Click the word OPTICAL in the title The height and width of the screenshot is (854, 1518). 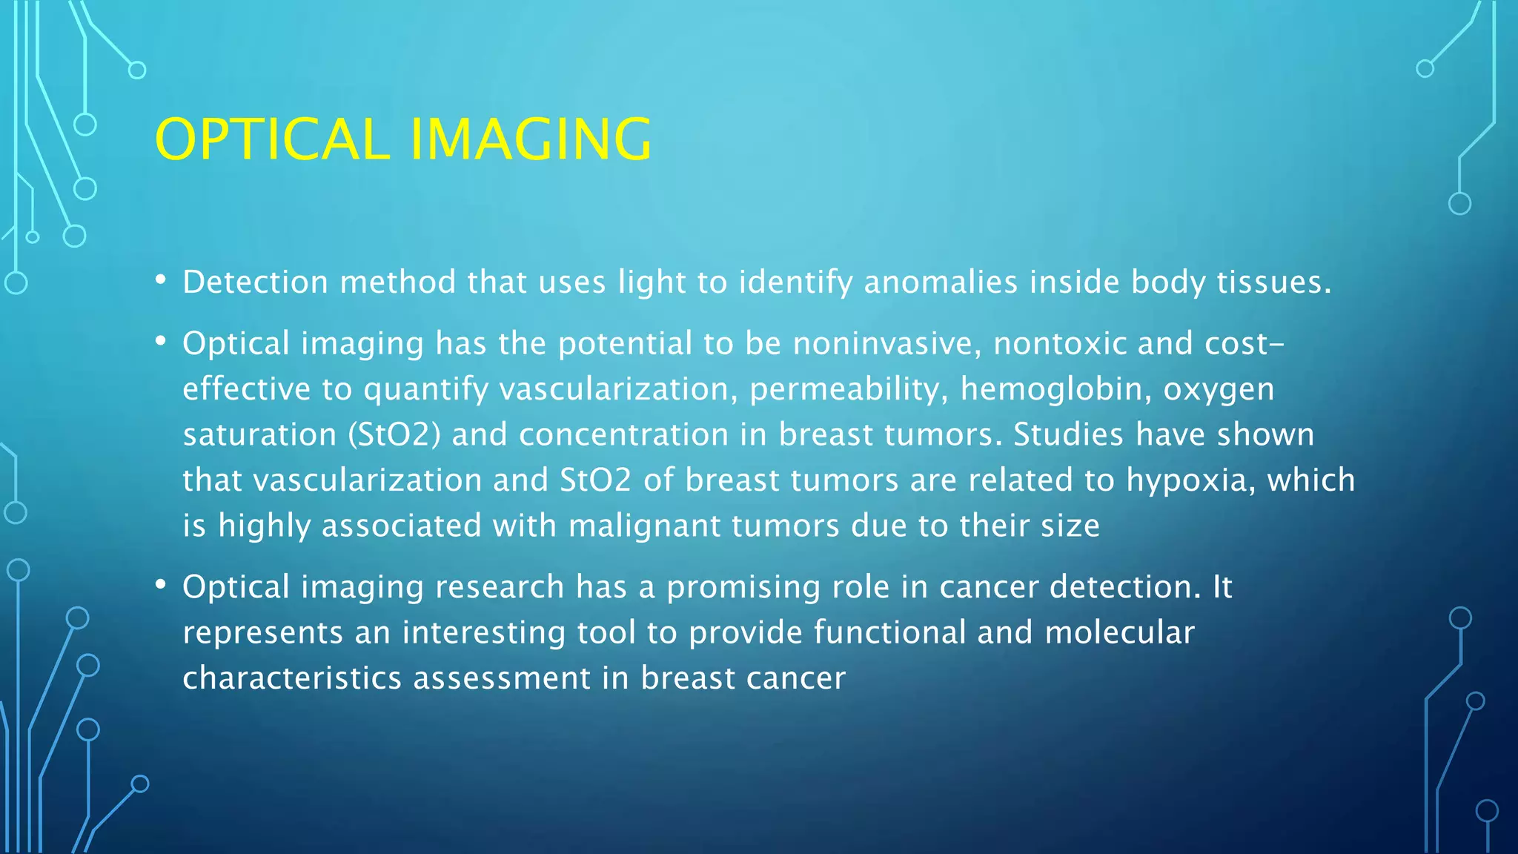click(x=272, y=139)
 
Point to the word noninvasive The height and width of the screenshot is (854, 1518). click(x=886, y=344)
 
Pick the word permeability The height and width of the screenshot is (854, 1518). click(x=849, y=390)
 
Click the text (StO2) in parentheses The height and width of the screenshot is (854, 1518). click(x=394, y=435)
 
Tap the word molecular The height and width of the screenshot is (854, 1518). click(x=1119, y=633)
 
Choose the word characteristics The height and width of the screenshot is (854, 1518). click(x=292, y=679)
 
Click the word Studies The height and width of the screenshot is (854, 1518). click(x=1068, y=435)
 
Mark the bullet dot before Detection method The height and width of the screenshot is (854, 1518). click(x=160, y=280)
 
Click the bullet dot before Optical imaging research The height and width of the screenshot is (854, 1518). click(x=160, y=585)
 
